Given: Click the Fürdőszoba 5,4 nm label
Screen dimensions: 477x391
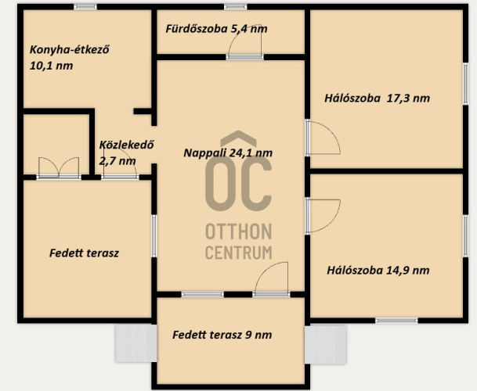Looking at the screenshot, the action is click(217, 29).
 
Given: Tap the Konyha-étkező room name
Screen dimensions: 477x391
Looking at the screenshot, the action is click(70, 49).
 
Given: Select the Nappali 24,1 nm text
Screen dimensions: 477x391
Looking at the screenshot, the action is click(228, 152).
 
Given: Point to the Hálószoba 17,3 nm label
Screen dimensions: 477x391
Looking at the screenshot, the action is click(378, 98).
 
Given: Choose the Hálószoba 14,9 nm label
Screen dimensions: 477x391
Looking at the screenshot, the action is click(378, 270).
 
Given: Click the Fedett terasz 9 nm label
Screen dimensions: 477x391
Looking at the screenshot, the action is click(222, 335).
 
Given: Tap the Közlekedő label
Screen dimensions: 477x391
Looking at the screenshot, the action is click(126, 145).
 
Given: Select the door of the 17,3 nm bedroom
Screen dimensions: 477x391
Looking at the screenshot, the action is click(323, 138).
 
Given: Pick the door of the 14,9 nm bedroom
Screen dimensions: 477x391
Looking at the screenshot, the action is click(323, 216).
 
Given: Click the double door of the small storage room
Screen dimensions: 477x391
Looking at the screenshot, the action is click(59, 167).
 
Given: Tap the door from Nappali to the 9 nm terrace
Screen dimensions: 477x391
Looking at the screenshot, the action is click(271, 279).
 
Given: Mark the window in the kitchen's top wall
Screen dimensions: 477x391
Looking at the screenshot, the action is click(85, 7).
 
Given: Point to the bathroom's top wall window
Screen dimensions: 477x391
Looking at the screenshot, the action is click(236, 7).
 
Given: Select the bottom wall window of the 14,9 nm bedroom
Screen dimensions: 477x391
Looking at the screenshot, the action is click(396, 320).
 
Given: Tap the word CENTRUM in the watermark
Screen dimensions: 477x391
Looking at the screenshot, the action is click(239, 253).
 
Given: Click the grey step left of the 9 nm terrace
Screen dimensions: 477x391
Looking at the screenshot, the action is click(136, 343).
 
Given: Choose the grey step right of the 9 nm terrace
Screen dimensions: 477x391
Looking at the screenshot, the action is click(326, 344).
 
